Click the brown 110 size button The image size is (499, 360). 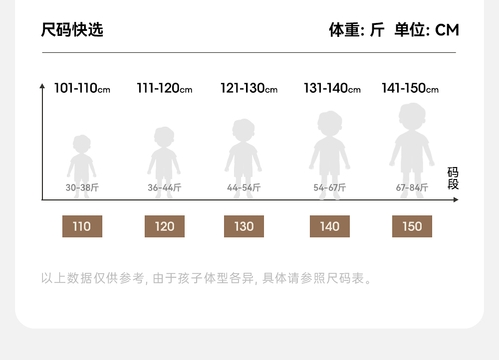(x=82, y=226)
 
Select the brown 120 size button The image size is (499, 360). (x=164, y=226)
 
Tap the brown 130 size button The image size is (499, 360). (x=244, y=226)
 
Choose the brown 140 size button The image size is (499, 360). (x=329, y=226)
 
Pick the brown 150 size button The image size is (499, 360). (x=412, y=226)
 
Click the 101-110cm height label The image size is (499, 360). (x=82, y=89)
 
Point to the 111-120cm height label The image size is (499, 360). (x=164, y=89)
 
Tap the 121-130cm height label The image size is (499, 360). (x=249, y=89)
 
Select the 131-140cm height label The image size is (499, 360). (x=332, y=89)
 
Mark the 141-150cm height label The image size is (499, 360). (x=410, y=89)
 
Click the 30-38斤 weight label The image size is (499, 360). (x=82, y=188)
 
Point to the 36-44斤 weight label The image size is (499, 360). (x=164, y=188)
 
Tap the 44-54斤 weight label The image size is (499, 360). (x=244, y=188)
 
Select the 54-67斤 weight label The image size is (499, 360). (x=329, y=188)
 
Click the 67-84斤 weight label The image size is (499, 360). (x=412, y=188)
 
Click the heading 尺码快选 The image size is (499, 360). (x=72, y=30)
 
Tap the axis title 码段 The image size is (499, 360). (x=453, y=179)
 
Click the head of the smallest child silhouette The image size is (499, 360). (x=81, y=144)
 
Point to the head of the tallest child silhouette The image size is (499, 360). (x=412, y=116)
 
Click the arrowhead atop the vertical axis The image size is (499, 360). (x=42, y=86)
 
